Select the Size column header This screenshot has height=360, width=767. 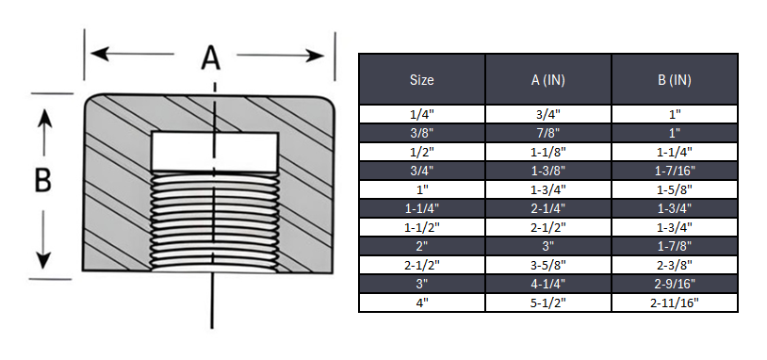pos(422,80)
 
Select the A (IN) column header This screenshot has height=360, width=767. pos(547,80)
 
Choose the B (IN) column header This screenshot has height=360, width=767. pos(674,80)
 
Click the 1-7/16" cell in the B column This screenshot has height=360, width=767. pos(674,171)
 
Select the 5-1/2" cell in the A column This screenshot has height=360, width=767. pos(547,303)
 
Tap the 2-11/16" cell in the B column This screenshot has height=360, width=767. pos(674,303)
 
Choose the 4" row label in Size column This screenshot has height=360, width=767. pos(422,303)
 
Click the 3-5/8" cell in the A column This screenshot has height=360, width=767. pos(547,265)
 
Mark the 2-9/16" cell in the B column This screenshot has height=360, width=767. pos(674,284)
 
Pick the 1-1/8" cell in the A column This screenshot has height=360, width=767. pos(547,152)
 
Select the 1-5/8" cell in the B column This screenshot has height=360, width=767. pos(674,189)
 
